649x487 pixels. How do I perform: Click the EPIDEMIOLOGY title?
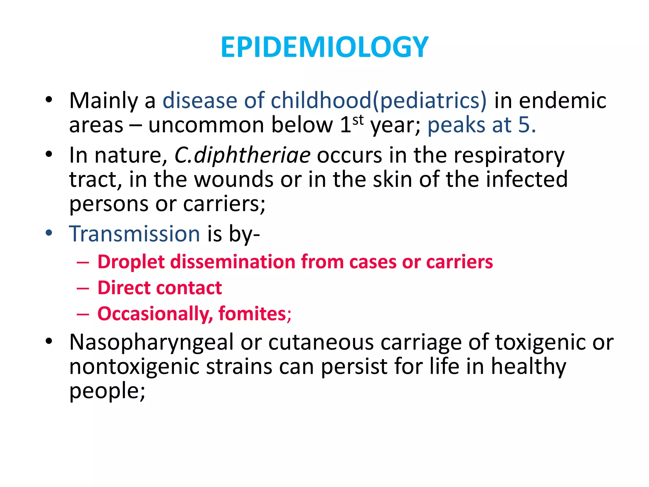[x=324, y=48]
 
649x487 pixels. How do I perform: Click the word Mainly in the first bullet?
[x=103, y=101]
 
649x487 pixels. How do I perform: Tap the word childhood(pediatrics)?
[x=378, y=101]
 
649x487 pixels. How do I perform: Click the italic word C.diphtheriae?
[x=242, y=155]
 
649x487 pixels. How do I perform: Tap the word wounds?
[x=234, y=179]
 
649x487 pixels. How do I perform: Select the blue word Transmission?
[x=134, y=234]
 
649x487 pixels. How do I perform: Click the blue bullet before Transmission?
[x=49, y=233]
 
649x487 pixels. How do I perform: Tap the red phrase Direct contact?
[x=159, y=288]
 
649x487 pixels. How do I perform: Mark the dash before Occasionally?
[x=83, y=314]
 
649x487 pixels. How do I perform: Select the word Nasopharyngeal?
[x=151, y=342]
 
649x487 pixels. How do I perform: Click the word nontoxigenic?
[x=134, y=367]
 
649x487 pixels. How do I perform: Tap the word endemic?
[x=562, y=101]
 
